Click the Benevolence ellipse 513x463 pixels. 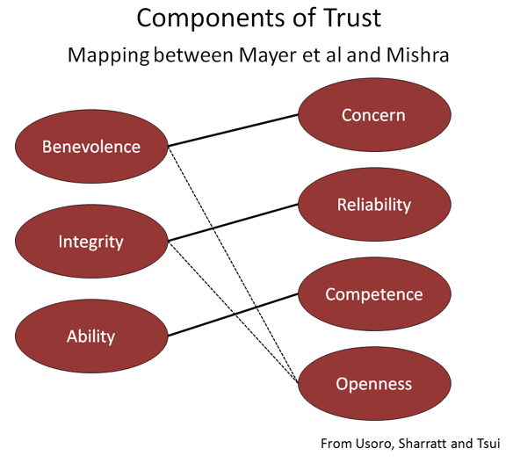pos(91,146)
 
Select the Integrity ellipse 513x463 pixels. pos(91,241)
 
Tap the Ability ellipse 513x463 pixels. pos(91,336)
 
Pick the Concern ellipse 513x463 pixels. pos(374,115)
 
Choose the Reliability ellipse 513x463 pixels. pos(374,205)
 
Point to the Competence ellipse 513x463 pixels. pos(374,293)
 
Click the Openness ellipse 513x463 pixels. pos(374,383)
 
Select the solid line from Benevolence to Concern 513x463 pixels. pos(233,131)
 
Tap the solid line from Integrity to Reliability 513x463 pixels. pos(233,223)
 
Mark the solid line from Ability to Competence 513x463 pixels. pos(233,315)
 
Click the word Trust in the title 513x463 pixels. pos(352,18)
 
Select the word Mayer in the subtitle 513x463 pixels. pos(268,55)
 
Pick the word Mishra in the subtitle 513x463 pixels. pos(417,54)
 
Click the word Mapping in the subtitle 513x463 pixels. pos(109,55)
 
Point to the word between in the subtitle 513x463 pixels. pos(193,54)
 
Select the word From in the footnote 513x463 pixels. pos(336,444)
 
